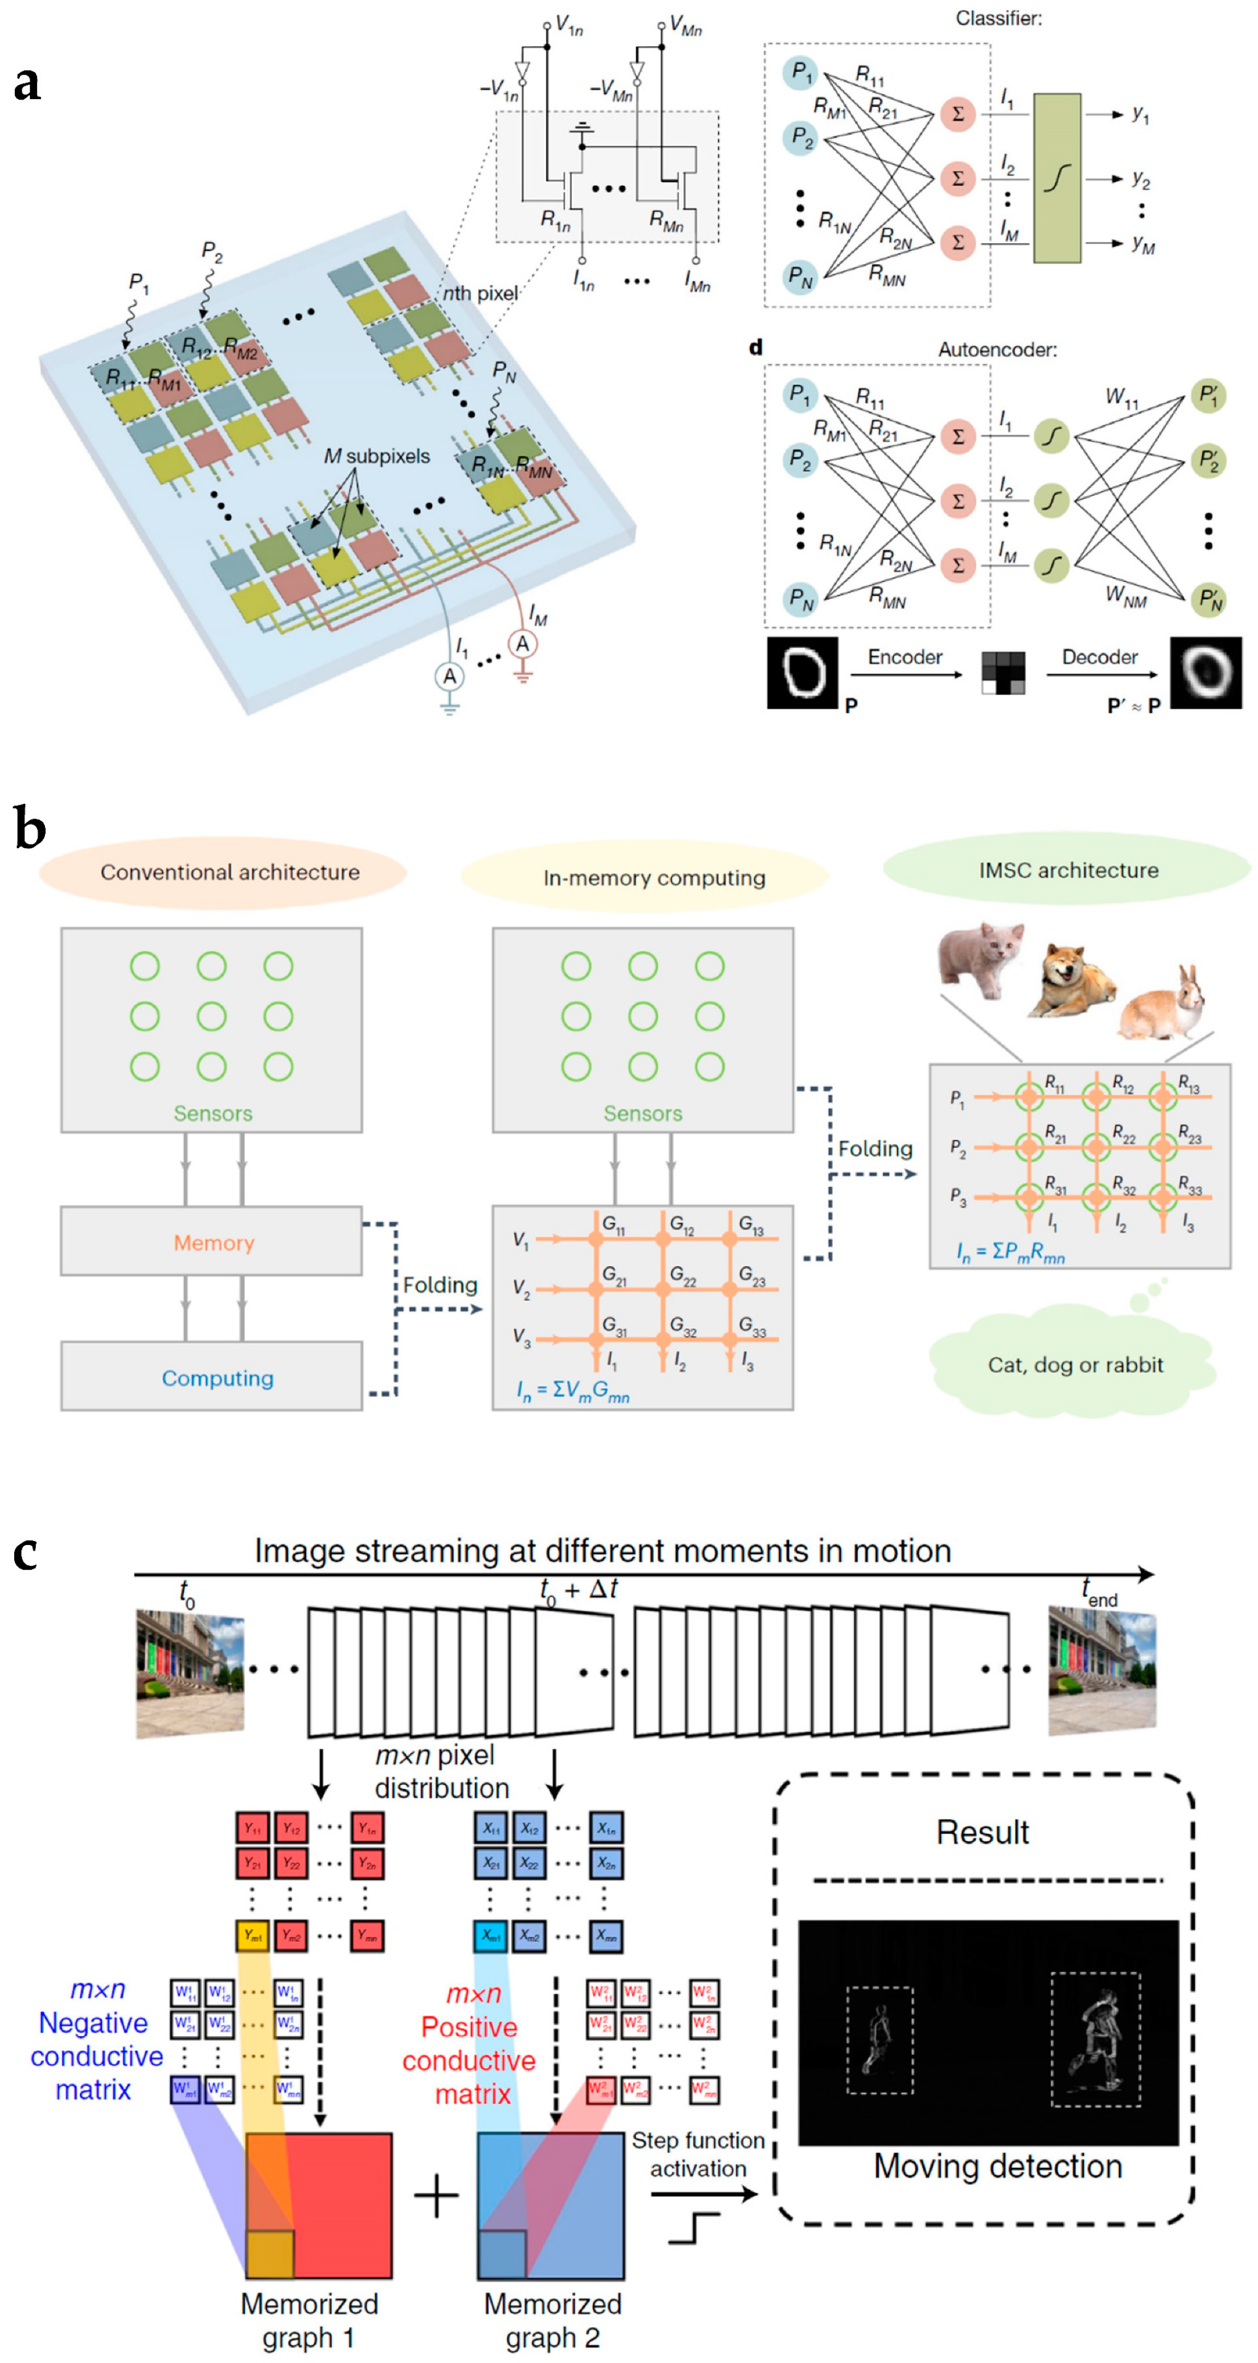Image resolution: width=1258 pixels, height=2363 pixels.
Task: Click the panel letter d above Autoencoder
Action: coord(755,347)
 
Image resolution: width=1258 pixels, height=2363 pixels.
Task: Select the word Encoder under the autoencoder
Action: coord(905,657)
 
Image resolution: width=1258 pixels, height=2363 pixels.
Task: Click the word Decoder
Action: coord(1099,657)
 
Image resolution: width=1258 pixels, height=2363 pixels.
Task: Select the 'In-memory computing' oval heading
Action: coord(653,878)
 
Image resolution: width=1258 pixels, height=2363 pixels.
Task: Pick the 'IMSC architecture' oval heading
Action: coord(1068,870)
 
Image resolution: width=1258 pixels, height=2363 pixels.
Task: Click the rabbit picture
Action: coord(1164,1004)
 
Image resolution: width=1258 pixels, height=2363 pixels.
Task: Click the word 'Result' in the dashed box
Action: coord(982,1832)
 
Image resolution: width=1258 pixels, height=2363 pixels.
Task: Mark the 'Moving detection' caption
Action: coord(997,2166)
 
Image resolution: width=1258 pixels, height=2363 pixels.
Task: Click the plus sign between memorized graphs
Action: coord(436,2198)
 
